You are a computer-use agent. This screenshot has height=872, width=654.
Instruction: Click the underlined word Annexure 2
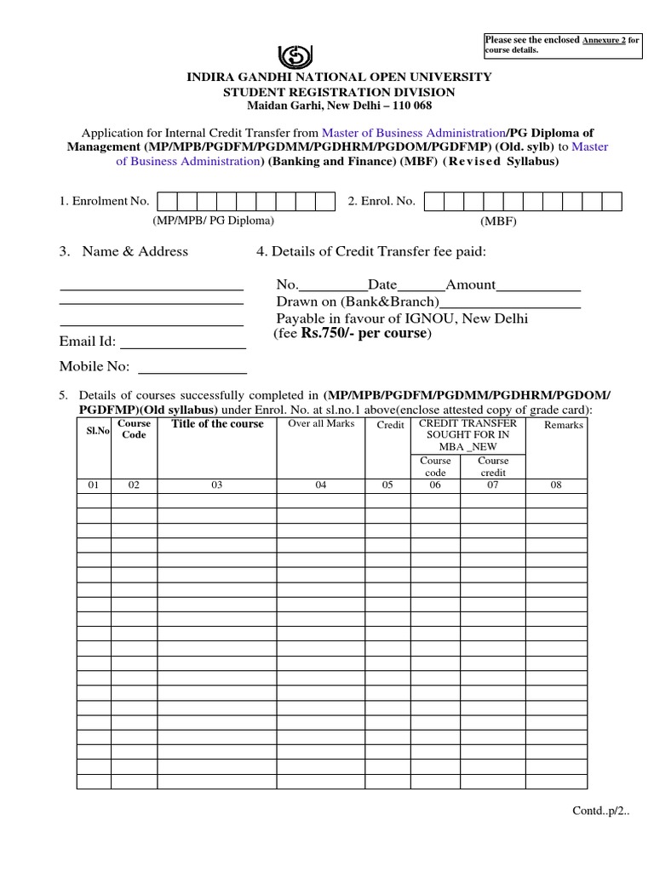(x=604, y=40)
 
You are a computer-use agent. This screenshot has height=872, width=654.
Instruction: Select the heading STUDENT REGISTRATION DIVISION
(x=339, y=92)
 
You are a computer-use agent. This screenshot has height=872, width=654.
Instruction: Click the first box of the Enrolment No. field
(x=167, y=201)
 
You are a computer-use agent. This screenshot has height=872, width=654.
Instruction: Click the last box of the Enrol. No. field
(x=611, y=201)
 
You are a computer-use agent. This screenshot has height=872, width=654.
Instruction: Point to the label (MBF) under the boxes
(x=499, y=221)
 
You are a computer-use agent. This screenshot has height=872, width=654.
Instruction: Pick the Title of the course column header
(x=217, y=424)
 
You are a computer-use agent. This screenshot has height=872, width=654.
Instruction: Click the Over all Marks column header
(x=321, y=424)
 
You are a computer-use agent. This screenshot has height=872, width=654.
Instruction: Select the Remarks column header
(x=563, y=425)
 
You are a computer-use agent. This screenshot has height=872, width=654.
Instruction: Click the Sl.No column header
(x=98, y=431)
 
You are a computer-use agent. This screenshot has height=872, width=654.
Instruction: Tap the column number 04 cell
(x=321, y=485)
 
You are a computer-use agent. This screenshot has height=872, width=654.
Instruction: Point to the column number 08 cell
(x=556, y=485)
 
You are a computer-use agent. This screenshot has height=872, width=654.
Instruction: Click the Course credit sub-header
(x=492, y=467)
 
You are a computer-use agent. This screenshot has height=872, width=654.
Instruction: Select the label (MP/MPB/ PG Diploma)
(x=214, y=221)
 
